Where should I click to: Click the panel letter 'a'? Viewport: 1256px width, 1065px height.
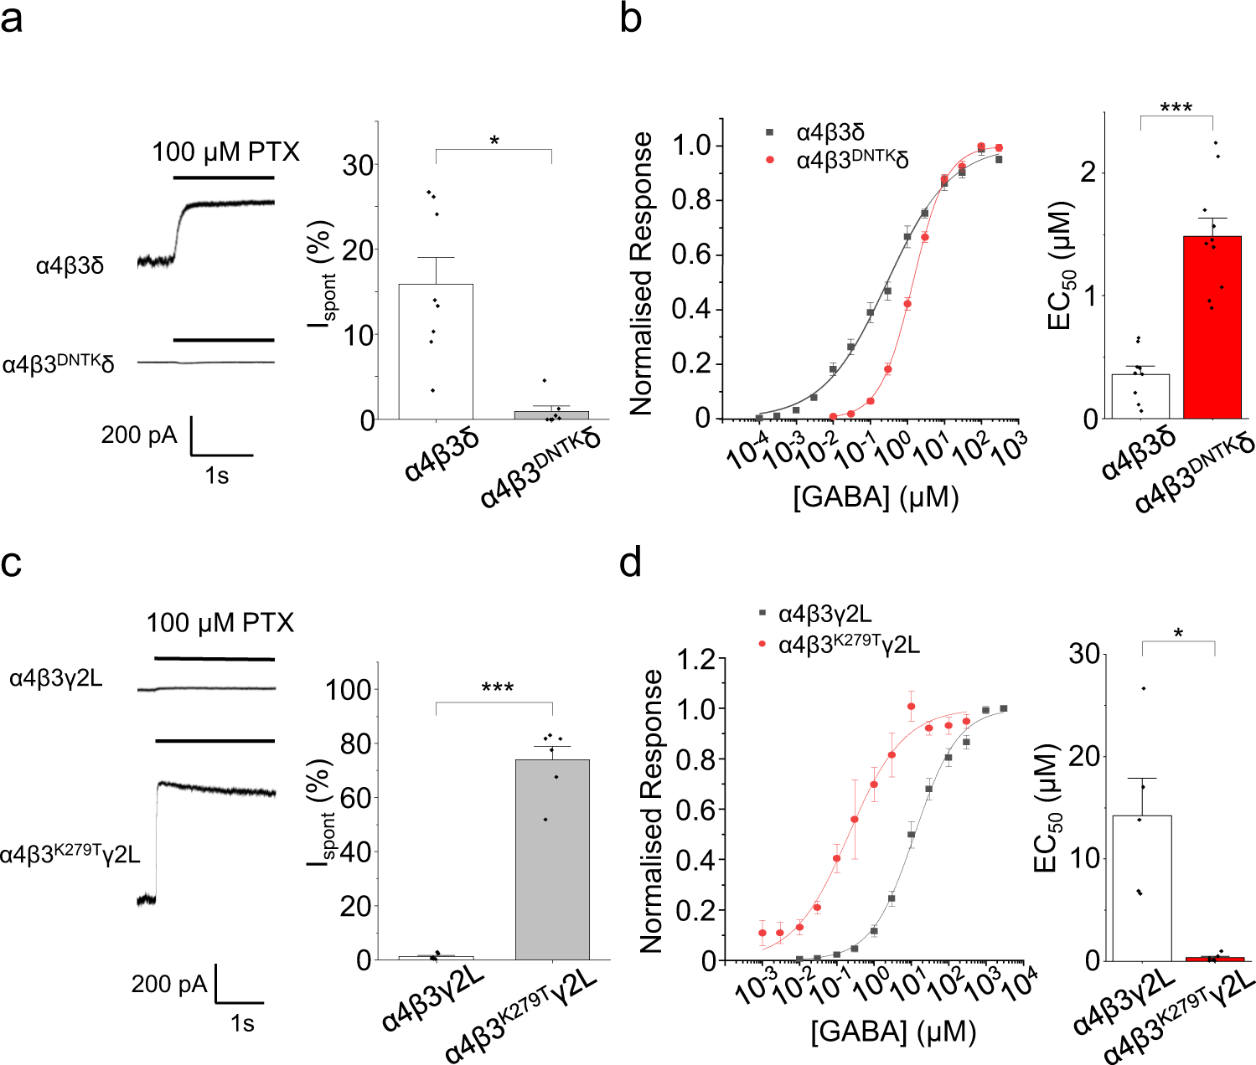pyautogui.click(x=12, y=18)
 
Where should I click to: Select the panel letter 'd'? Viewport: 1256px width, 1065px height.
pyautogui.click(x=630, y=563)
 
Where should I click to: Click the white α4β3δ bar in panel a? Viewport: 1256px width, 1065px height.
pyautogui.click(x=435, y=352)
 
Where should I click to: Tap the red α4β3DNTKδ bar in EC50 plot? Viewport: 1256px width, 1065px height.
pyautogui.click(x=1212, y=327)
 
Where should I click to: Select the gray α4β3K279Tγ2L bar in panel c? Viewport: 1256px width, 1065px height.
pyautogui.click(x=552, y=859)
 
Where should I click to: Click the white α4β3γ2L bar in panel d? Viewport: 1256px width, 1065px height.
pyautogui.click(x=1140, y=887)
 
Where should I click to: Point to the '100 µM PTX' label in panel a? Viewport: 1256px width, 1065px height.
pyautogui.click(x=225, y=152)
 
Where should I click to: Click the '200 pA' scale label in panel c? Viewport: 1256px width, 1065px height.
pyautogui.click(x=168, y=984)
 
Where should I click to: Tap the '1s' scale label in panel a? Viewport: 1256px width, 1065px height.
pyautogui.click(x=216, y=476)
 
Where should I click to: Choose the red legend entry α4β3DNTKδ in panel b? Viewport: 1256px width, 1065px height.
pyautogui.click(x=851, y=159)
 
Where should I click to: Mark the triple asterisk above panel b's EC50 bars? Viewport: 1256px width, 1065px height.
pyautogui.click(x=1176, y=108)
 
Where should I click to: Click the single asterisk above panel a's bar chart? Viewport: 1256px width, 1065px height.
pyautogui.click(x=494, y=141)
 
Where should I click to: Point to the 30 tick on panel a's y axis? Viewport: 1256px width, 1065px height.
pyautogui.click(x=358, y=165)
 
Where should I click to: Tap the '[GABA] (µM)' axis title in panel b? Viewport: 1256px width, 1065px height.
pyautogui.click(x=876, y=497)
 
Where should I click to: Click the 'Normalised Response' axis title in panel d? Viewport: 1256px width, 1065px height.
pyautogui.click(x=651, y=810)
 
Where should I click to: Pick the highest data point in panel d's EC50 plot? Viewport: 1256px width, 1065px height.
pyautogui.click(x=1143, y=688)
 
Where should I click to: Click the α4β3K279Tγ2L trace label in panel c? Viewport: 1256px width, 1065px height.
pyautogui.click(x=70, y=854)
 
